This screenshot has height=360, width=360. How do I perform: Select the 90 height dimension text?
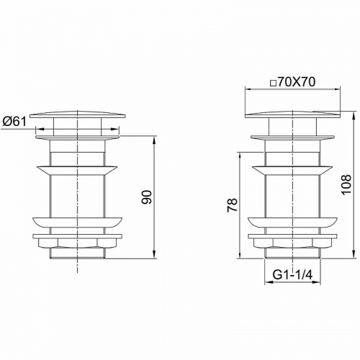(x=147, y=197)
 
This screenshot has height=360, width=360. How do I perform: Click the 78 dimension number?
(x=232, y=207)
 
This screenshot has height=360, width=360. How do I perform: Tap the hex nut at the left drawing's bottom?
(x=77, y=243)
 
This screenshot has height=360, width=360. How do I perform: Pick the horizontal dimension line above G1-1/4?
(x=292, y=283)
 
